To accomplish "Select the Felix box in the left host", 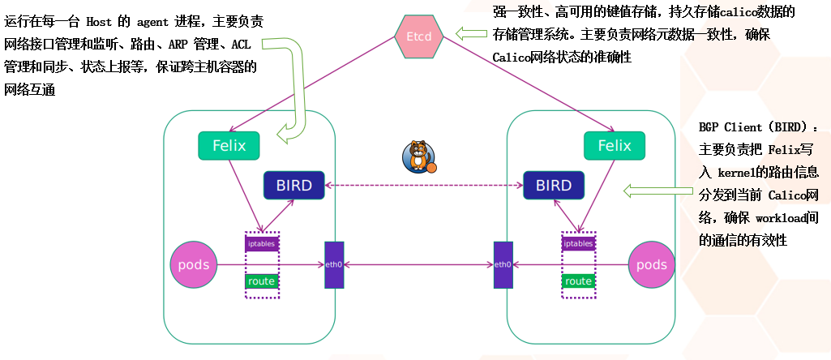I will point(229,146).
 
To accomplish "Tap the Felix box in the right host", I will point(614,146).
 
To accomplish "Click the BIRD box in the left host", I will point(293,186).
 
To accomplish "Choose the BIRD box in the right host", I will point(554,186).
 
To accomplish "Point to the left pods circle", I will point(193,264).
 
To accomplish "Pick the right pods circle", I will point(651,264).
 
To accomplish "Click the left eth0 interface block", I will point(334,264).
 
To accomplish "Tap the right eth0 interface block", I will point(503,264).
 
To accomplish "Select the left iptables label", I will point(262,243).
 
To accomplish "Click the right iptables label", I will point(578,243).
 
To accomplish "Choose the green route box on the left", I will point(262,281).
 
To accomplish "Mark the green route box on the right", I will point(578,281).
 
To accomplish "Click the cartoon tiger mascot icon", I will point(419,156).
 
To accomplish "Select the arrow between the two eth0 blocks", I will point(418,264).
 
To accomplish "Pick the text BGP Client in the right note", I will point(729,128).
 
